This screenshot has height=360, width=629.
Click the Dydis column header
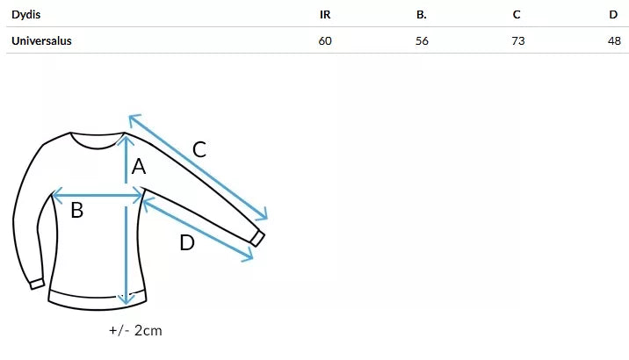click(26, 15)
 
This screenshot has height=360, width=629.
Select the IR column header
click(325, 15)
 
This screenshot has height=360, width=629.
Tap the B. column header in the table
click(421, 15)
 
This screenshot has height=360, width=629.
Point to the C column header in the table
click(517, 15)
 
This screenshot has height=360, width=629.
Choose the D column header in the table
click(613, 15)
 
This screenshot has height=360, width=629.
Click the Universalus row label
click(41, 41)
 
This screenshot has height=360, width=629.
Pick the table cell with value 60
click(325, 41)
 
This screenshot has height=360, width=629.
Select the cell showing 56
click(422, 41)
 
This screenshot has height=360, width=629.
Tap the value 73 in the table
click(518, 41)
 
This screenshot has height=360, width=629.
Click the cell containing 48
click(614, 41)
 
